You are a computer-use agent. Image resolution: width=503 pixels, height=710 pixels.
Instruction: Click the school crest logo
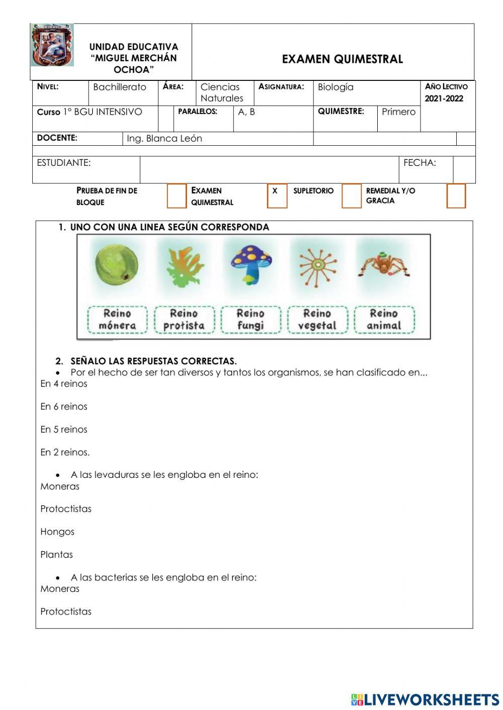coord(52,45)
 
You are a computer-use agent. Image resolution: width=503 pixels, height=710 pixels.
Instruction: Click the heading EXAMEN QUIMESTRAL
coord(342,59)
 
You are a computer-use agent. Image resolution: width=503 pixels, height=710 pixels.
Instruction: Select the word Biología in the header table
coord(336,87)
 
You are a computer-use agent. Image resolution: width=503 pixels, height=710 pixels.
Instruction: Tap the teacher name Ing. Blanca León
coord(164,139)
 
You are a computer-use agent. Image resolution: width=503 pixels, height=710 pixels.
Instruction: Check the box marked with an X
coord(277,195)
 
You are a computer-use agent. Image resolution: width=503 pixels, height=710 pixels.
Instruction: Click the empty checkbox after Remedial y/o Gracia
coord(456,195)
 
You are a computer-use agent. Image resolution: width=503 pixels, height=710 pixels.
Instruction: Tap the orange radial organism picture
coord(317,265)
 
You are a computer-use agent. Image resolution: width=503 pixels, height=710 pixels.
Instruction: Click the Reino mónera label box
coord(117,320)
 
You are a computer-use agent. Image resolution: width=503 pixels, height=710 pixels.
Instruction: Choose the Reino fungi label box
coord(250,320)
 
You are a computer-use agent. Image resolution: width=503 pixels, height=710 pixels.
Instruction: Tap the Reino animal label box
coord(384,320)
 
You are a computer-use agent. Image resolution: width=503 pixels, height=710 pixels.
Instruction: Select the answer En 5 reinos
coord(64,430)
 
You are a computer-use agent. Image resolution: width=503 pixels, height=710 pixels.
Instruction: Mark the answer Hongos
coord(57,532)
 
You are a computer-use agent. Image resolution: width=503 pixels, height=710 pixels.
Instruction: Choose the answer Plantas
coord(57,555)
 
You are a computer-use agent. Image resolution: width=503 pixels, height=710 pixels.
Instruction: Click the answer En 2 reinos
coord(65,452)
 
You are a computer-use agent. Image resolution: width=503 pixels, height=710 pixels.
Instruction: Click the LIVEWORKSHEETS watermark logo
coord(425,699)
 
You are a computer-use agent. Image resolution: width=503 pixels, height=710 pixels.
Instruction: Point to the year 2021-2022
coord(444,98)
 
